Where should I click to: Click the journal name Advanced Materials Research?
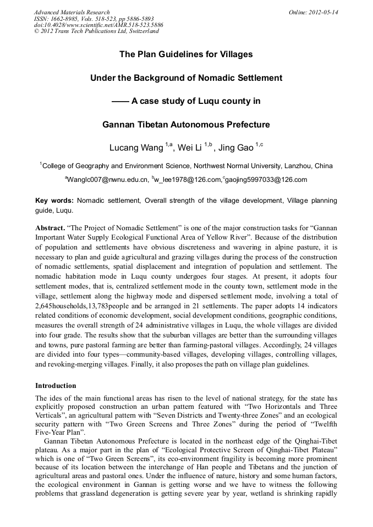coord(72,12)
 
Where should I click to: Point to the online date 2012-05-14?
coord(323,12)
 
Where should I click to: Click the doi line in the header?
coord(98,25)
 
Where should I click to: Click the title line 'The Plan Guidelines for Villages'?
coord(186,54)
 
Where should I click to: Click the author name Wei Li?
coord(190,148)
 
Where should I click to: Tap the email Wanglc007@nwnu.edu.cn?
coord(108,180)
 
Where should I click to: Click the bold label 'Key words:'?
coord(54,201)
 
